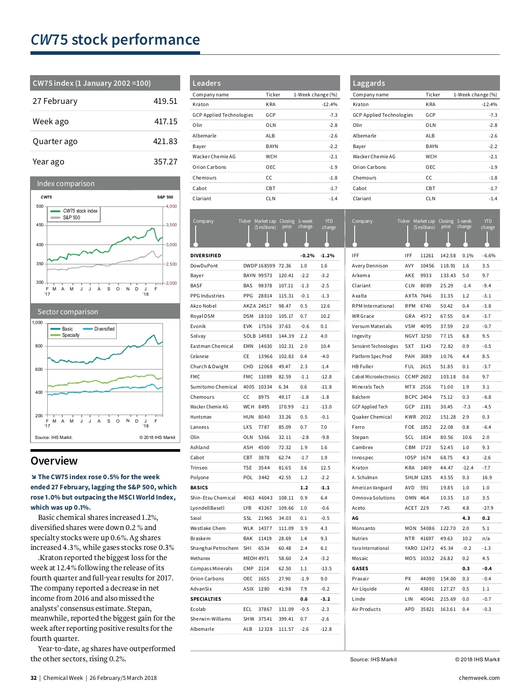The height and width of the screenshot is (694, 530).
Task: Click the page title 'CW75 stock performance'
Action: [115, 40]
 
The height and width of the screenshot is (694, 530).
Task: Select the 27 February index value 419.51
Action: [165, 101]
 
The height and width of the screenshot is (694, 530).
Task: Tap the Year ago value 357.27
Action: [165, 162]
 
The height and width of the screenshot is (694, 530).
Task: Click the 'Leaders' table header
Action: [207, 83]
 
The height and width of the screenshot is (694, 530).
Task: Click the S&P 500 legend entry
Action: [71, 217]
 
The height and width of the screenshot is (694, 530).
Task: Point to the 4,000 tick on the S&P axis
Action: [171, 206]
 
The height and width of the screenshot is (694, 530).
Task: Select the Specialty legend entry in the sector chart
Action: [70, 335]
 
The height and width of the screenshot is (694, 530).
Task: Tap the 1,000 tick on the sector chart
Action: [37, 323]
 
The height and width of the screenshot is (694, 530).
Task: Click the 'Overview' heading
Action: [54, 461]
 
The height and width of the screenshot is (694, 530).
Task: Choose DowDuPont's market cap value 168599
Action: [267, 266]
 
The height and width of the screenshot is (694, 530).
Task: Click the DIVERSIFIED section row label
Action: [206, 255]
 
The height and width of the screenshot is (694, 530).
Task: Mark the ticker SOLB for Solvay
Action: [250, 336]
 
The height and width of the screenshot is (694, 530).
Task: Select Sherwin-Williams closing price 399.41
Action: [286, 619]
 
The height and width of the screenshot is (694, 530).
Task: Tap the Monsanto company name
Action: [363, 528]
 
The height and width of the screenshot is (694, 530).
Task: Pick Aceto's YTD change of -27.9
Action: [488, 508]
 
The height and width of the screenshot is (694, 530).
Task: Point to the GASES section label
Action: [360, 568]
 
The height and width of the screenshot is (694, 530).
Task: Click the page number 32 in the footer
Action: [34, 678]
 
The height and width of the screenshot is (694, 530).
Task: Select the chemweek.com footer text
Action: [479, 678]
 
